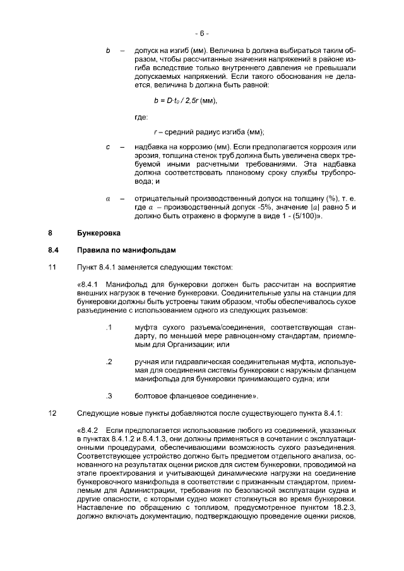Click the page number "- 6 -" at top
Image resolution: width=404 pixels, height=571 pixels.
pos(201,33)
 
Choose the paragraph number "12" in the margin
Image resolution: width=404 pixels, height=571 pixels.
pos(52,413)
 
